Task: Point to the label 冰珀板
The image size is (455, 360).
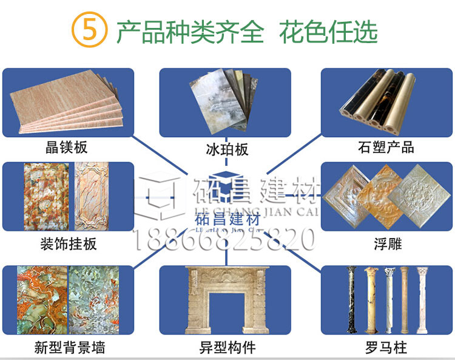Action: tap(227, 149)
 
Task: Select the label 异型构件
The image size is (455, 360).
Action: tap(227, 348)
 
